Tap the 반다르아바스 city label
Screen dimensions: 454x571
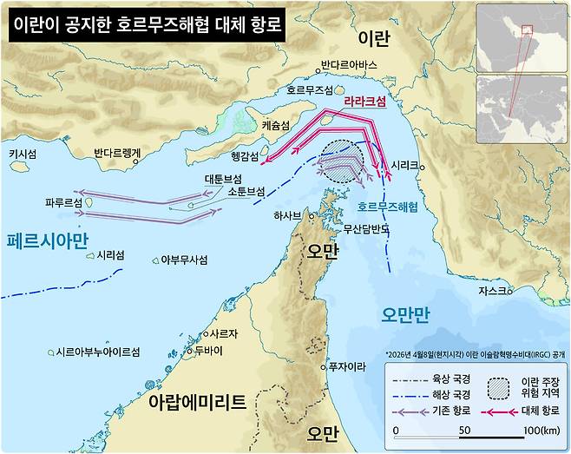click(x=349, y=65)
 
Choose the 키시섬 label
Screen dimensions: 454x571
click(x=23, y=154)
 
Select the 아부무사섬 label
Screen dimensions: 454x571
click(x=184, y=259)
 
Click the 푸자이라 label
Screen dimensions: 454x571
click(x=346, y=365)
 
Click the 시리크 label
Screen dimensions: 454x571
click(x=405, y=164)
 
